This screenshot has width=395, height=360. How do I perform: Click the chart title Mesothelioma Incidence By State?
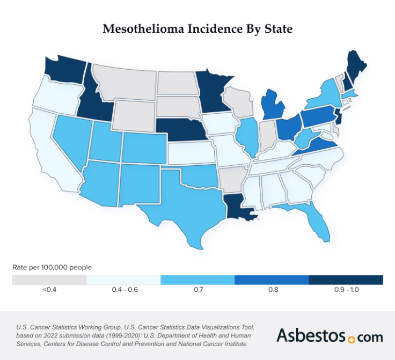[x=197, y=29]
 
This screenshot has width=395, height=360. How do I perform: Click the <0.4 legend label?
[x=49, y=290]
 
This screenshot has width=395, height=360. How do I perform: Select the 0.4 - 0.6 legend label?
[x=123, y=290]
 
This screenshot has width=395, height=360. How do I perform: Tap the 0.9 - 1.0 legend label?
[x=346, y=290]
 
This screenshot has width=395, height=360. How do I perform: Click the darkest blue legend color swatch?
[x=346, y=280]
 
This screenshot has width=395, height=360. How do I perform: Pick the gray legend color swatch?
[x=49, y=280]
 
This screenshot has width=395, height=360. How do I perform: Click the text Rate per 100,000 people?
[x=52, y=267]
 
